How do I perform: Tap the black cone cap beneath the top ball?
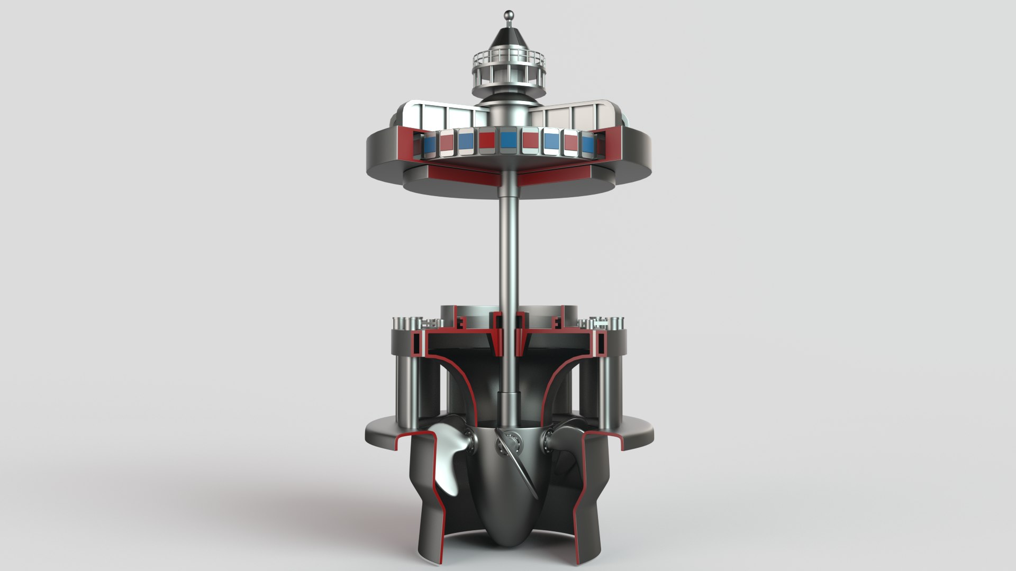pos(508,37)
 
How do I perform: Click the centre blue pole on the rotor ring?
pos(509,141)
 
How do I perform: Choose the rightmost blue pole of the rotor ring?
pos(587,143)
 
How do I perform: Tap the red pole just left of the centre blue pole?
pos(487,141)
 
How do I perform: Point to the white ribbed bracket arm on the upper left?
pos(444,116)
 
